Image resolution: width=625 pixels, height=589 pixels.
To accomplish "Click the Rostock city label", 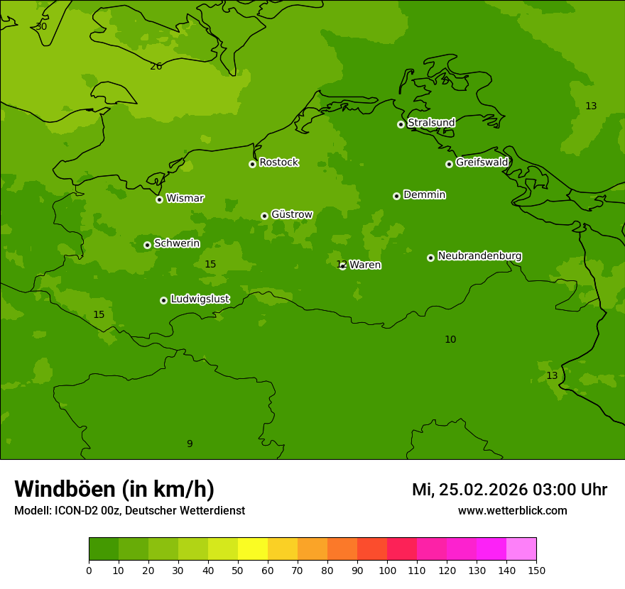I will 278,163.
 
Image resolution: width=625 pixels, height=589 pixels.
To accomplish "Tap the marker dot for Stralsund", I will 401,124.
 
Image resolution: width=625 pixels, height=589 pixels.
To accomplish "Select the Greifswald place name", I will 482,163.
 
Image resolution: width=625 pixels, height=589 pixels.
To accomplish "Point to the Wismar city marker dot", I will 159,199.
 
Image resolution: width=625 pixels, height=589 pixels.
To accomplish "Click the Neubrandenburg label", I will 479,256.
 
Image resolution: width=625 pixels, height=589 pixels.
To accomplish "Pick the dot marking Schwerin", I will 147,245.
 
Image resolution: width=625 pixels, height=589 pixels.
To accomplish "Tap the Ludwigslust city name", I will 200,299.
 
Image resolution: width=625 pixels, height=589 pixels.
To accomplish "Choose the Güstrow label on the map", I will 291,214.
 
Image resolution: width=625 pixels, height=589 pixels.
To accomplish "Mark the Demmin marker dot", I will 396,196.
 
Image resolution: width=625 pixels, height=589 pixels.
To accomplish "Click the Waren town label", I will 365,265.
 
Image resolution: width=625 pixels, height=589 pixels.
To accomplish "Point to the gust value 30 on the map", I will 41,27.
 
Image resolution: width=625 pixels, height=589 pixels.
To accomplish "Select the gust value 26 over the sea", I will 156,67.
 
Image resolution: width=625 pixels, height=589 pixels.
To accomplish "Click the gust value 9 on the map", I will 190,444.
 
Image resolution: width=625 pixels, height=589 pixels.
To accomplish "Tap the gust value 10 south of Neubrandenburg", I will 450,340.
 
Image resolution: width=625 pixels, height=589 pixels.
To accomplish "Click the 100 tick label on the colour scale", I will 387,570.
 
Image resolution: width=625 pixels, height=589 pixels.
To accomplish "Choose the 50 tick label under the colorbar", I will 238,570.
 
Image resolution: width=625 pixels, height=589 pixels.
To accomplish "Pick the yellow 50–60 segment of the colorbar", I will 253,549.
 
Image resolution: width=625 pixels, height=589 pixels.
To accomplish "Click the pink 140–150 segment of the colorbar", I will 521,549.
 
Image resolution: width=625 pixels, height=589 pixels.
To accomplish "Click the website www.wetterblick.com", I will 512,511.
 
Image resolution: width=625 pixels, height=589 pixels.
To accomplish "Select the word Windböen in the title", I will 65,490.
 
